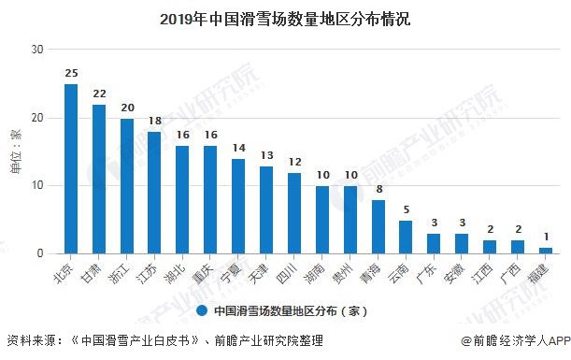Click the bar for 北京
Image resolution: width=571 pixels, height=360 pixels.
(71, 168)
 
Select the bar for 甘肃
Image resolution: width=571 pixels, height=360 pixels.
(99, 179)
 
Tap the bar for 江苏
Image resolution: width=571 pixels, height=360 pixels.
(154, 192)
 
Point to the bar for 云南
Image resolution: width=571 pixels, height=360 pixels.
(406, 237)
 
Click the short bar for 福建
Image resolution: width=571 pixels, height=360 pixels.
(546, 250)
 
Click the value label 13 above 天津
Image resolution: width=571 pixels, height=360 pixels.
(266, 155)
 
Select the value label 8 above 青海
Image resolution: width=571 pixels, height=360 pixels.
(378, 189)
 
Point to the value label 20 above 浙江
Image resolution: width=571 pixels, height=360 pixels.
(127, 108)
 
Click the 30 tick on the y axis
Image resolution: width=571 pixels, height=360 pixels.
(38, 50)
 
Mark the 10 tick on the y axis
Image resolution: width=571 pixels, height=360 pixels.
(38, 185)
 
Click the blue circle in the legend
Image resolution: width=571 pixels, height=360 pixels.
(202, 310)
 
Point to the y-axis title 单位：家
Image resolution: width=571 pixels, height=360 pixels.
(15, 150)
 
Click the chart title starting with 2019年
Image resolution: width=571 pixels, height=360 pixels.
(285, 18)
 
